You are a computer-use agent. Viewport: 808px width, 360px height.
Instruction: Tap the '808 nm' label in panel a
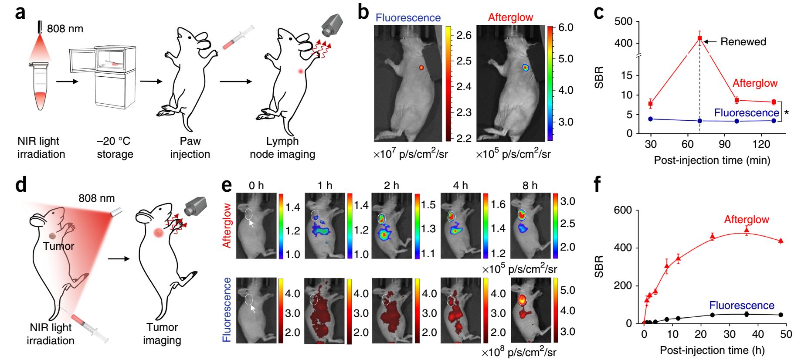point(65,29)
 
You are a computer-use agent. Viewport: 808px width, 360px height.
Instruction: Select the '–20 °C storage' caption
point(115,148)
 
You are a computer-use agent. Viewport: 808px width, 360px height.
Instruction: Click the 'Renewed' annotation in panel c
point(743,42)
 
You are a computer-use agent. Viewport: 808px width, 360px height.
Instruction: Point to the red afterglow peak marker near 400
point(700,38)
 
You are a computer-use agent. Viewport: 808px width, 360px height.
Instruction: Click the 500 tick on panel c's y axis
point(623,22)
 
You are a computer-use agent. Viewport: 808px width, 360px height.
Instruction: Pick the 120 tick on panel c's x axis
point(761,144)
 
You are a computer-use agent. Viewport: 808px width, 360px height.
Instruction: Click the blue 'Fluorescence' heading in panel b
point(408,18)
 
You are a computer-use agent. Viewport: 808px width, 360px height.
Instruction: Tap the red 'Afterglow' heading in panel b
point(510,17)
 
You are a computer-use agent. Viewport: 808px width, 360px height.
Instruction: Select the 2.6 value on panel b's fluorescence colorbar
point(464,35)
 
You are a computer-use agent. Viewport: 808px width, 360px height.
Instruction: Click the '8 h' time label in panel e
point(530,186)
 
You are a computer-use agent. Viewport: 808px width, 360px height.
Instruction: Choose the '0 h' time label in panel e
point(256,186)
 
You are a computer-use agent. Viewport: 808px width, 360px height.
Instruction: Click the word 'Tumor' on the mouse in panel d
point(58,246)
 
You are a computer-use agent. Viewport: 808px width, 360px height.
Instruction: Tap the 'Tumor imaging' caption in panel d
point(162,334)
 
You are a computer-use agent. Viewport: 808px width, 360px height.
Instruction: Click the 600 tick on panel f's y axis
point(622,210)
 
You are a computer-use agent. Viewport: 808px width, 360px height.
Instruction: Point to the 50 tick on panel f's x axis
point(786,334)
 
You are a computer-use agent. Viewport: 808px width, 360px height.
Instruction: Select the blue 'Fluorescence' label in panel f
point(742,306)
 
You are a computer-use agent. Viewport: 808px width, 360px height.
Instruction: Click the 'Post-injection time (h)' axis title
point(712,350)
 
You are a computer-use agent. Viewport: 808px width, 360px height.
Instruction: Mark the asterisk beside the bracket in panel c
point(787,113)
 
